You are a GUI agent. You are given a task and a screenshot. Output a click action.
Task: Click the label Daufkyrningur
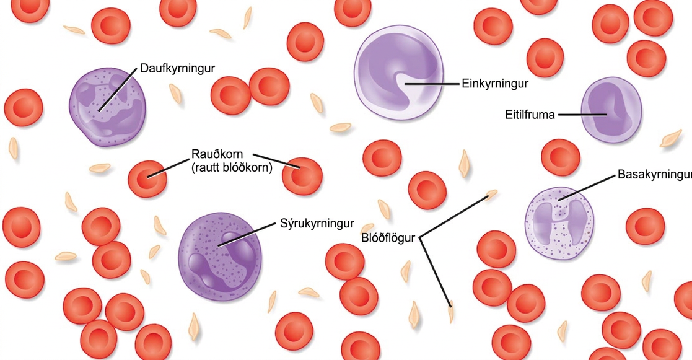pos(177,69)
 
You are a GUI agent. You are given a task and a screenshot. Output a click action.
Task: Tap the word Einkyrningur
pos(495,84)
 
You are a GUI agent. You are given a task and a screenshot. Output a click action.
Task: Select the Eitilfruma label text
pos(530,115)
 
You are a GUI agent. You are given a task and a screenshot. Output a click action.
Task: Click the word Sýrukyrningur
pos(317,224)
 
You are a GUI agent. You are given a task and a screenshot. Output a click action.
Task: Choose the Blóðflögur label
pos(388,238)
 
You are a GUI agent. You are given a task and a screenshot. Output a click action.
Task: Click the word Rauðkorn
pos(217,155)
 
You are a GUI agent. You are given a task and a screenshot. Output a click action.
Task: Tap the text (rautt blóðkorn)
pos(232,168)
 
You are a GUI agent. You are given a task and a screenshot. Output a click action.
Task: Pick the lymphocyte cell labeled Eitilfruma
pos(611,110)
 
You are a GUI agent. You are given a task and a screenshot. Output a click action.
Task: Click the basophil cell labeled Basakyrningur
pos(559,223)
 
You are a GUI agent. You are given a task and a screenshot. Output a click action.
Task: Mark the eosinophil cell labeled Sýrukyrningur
pos(220,257)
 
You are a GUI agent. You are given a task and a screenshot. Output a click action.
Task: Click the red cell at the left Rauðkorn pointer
pos(147,178)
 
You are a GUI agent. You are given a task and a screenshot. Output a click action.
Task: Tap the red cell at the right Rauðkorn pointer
pos(302,177)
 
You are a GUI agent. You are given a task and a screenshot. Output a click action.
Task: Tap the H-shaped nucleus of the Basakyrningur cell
pos(559,219)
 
